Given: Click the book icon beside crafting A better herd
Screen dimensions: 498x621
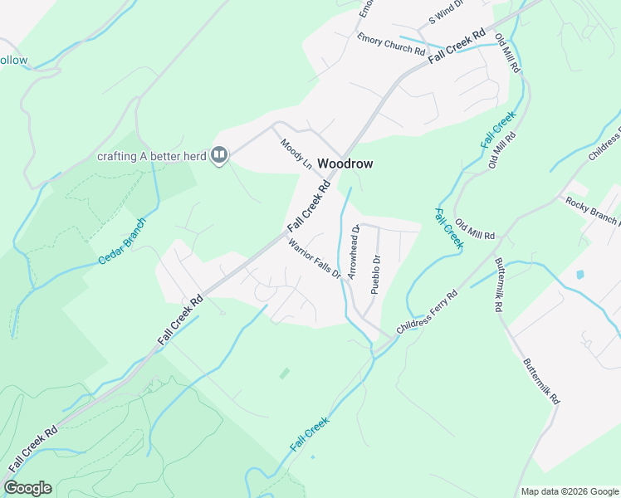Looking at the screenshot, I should pyautogui.click(x=219, y=154).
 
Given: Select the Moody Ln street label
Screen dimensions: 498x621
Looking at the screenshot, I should pyautogui.click(x=296, y=154).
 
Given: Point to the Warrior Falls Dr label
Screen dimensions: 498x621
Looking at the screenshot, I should pyautogui.click(x=315, y=259).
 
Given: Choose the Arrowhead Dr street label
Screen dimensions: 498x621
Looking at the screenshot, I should pyautogui.click(x=355, y=251).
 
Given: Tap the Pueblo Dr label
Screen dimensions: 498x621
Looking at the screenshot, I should pyautogui.click(x=375, y=275).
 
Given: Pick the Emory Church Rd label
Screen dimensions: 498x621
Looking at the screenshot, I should pyautogui.click(x=390, y=43).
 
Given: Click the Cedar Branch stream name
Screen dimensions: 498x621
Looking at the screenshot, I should pyautogui.click(x=121, y=241).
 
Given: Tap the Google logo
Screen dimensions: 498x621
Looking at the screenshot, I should pyautogui.click(x=27, y=488).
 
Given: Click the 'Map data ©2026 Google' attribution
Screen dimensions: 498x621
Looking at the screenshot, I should pyautogui.click(x=570, y=491).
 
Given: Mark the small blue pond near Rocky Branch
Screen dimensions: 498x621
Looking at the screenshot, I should pyautogui.click(x=579, y=274).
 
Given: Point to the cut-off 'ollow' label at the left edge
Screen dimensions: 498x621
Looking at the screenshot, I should pyautogui.click(x=13, y=61).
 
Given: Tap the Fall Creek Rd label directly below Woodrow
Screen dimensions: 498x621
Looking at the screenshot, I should pyautogui.click(x=309, y=207).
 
